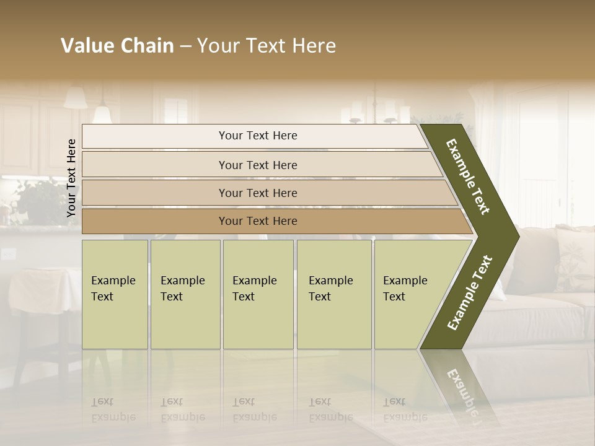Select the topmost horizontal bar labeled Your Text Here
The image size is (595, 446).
click(x=257, y=136)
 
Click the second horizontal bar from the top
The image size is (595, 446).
click(x=257, y=165)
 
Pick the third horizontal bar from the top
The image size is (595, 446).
click(x=257, y=193)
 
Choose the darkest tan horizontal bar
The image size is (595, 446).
click(x=257, y=221)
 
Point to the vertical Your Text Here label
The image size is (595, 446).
click(x=71, y=178)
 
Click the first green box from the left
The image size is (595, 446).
click(x=115, y=294)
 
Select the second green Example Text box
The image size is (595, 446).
click(x=185, y=294)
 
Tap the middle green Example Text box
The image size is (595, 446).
click(x=258, y=294)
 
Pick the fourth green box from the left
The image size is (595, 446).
click(x=333, y=294)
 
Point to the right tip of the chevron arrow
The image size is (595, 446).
click(x=518, y=236)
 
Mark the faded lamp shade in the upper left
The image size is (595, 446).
click(x=76, y=98)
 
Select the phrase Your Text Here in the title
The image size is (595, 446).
click(x=267, y=46)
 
